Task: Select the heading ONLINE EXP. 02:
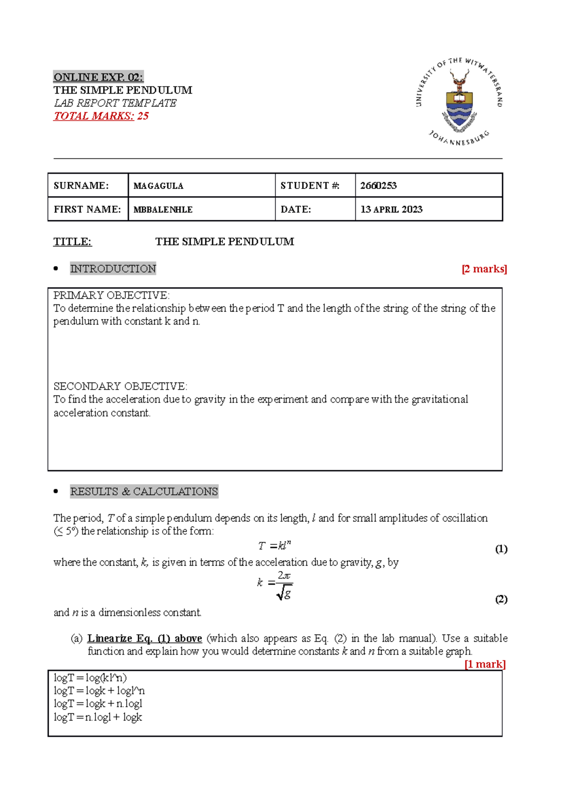point(98,77)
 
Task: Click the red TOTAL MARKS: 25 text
point(101,116)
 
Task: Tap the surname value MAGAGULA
point(158,186)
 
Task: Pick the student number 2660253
point(378,186)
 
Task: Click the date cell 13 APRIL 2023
point(391,209)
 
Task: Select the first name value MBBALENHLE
point(163,209)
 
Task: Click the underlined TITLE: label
point(72,242)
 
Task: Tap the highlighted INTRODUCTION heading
point(113,269)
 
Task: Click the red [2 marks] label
point(484,269)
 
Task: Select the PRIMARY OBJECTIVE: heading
point(111,296)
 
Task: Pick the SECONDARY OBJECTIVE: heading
point(120,386)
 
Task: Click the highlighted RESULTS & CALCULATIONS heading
point(144,491)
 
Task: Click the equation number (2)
point(501,599)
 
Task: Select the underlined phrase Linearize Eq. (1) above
point(144,638)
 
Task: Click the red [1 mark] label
point(485,664)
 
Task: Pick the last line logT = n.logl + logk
point(98,717)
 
